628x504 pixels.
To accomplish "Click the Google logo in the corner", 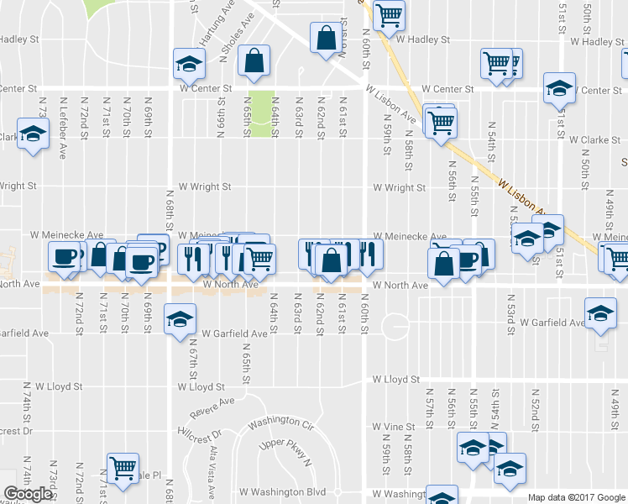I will click(x=28, y=494).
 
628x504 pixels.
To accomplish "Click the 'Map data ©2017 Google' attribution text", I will click(x=576, y=497).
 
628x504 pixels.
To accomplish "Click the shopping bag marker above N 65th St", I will click(x=254, y=60).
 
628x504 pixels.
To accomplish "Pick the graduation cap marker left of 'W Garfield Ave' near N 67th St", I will click(x=180, y=319).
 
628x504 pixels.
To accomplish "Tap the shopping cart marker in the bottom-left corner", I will click(x=123, y=467).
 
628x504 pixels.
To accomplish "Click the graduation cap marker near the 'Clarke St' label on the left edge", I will click(x=34, y=134).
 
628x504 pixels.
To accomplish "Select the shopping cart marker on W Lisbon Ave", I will click(x=440, y=122).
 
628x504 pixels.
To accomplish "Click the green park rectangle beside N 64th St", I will click(x=263, y=109).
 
